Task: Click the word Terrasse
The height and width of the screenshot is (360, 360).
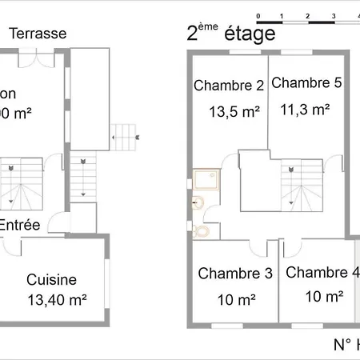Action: pos(38,34)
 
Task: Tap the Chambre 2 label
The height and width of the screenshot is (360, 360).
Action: pos(229,86)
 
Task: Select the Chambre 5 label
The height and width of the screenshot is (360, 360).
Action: pos(306,82)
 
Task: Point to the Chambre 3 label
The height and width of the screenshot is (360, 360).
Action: pos(234,274)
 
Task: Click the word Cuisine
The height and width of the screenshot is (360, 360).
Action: pos(51,280)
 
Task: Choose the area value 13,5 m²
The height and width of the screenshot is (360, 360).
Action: pos(234,113)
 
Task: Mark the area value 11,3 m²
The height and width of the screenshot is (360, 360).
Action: pos(306,110)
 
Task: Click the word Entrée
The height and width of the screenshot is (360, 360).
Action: pos(20,226)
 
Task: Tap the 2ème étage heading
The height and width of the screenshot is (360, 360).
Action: pos(230,34)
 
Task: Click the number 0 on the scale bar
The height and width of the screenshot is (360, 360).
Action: pos(258,16)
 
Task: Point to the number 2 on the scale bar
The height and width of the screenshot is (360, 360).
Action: pos(307,16)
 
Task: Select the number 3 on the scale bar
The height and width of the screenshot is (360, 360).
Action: pos(332,16)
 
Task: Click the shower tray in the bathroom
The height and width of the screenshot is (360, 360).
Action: pos(206,182)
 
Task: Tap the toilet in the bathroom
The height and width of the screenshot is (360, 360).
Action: pos(204,230)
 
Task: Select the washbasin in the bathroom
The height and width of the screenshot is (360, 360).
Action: pos(197,206)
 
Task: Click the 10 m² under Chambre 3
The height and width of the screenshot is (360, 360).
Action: pos(236,301)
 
